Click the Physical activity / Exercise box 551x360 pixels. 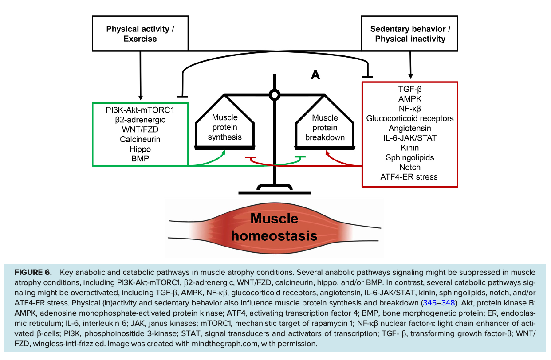point(140,34)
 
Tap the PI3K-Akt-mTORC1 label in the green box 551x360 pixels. point(140,110)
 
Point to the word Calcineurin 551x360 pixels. point(140,139)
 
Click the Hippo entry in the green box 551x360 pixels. point(140,149)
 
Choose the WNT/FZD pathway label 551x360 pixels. point(140,129)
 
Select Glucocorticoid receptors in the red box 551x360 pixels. point(410,118)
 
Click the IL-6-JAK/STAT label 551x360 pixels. point(410,138)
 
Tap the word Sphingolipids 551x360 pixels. point(410,157)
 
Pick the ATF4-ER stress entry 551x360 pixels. point(409,177)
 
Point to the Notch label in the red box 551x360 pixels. point(410,167)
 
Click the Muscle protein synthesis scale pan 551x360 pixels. point(225,127)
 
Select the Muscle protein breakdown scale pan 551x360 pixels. point(325,127)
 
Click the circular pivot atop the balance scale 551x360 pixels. point(275,94)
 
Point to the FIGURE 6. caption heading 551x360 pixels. point(33,272)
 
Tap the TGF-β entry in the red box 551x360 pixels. point(410,89)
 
